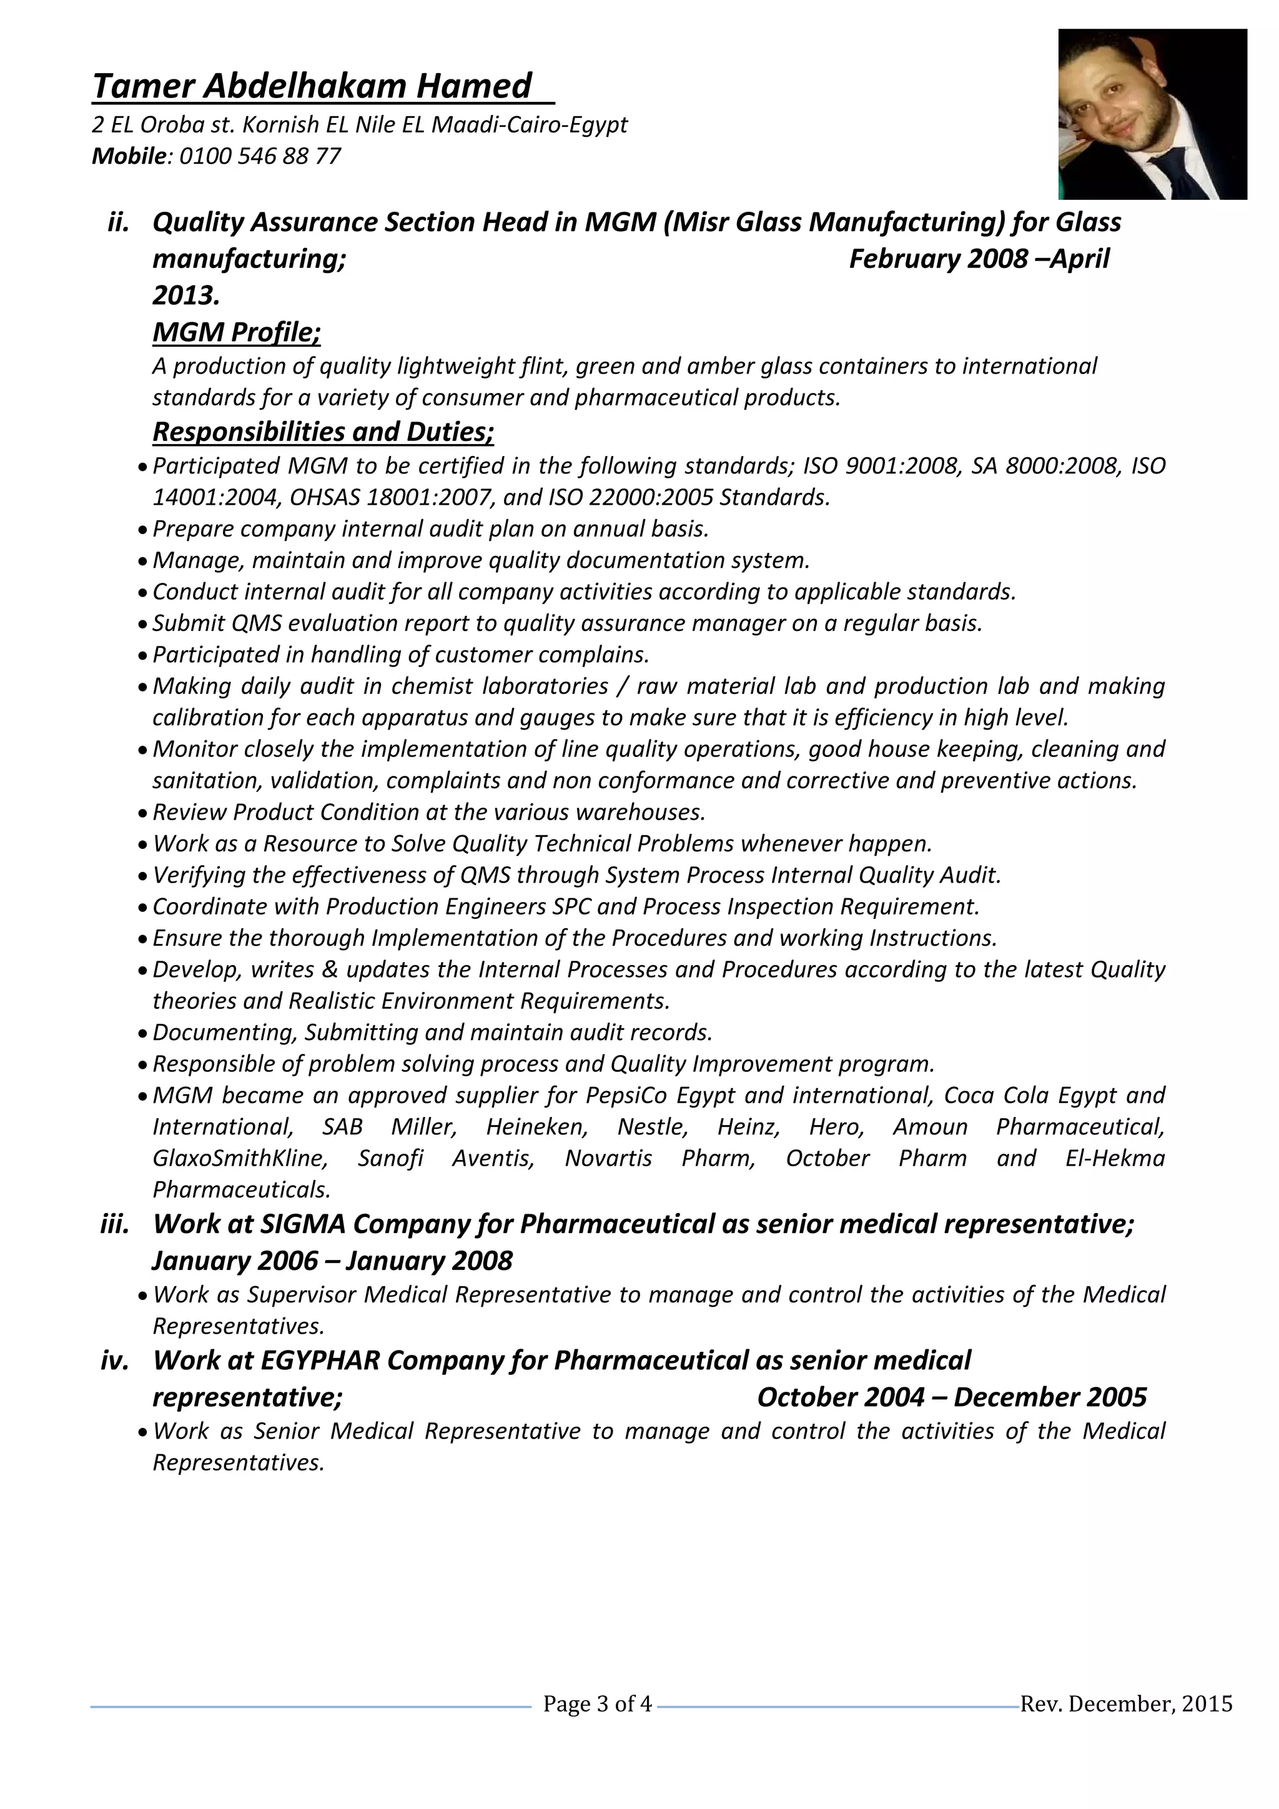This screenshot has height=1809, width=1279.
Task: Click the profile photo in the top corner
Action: pyautogui.click(x=1152, y=114)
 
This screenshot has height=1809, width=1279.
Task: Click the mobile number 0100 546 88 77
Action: pyautogui.click(x=260, y=156)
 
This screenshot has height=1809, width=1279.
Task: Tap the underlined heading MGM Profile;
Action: pyautogui.click(x=236, y=332)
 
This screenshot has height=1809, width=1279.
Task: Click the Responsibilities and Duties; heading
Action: pyautogui.click(x=323, y=432)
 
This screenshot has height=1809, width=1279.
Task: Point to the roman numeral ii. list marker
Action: pyautogui.click(x=118, y=222)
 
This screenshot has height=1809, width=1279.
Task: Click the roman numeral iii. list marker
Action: pyautogui.click(x=115, y=1224)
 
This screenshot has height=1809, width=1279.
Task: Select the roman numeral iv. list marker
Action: pyautogui.click(x=115, y=1360)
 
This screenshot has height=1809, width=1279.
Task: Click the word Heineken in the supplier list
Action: pyautogui.click(x=536, y=1127)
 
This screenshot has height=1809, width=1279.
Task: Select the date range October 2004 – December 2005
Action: pyautogui.click(x=951, y=1397)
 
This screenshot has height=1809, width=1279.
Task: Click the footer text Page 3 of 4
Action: pyautogui.click(x=598, y=1704)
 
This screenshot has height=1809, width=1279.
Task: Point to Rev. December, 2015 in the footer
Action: pyautogui.click(x=1126, y=1704)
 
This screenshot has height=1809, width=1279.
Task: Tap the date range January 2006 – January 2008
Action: pyautogui.click(x=332, y=1261)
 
